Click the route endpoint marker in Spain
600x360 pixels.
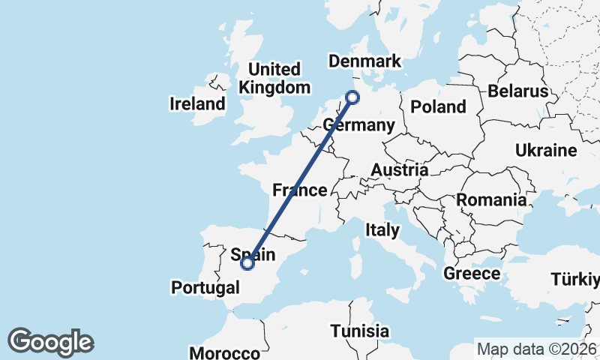[247, 263]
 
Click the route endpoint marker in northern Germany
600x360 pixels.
[352, 96]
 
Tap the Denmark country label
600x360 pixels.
[365, 61]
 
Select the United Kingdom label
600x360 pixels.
[274, 79]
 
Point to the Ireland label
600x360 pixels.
[197, 103]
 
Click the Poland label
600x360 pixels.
[438, 106]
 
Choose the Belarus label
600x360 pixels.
[517, 91]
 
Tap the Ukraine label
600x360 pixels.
[546, 150]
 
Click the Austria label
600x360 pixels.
[400, 170]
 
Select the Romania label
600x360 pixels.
[491, 200]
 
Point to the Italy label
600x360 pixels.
[382, 230]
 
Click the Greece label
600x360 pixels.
[472, 273]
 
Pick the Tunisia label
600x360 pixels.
[360, 331]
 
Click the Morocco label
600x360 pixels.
[225, 352]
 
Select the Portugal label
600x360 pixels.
[205, 287]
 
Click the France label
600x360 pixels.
[299, 190]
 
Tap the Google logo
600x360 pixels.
[50, 342]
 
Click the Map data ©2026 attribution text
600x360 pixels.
[537, 349]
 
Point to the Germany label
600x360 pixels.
[358, 124]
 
